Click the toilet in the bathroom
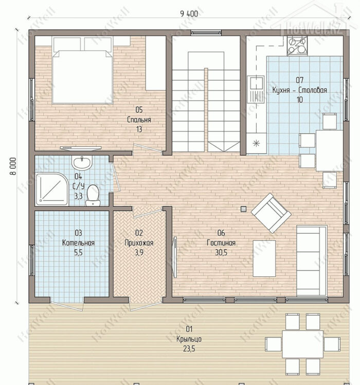(93, 195)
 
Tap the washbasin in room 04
(82, 162)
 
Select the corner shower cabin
(52, 189)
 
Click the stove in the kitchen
(297, 46)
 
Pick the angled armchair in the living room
(271, 213)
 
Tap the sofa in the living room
(312, 261)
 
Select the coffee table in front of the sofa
(264, 258)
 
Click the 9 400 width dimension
(189, 14)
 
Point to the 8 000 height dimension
(13, 166)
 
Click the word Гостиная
(221, 243)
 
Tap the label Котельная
(78, 243)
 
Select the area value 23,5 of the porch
(189, 348)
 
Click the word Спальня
(139, 119)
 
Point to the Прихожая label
(139, 243)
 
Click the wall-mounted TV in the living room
(175, 257)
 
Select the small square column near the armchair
(243, 208)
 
